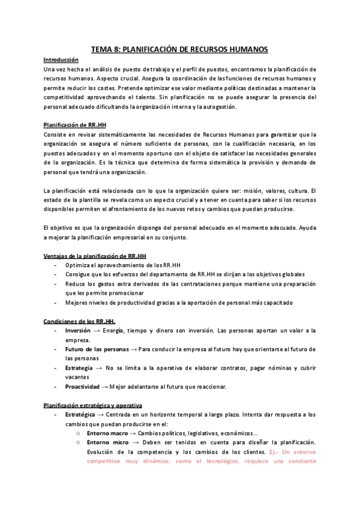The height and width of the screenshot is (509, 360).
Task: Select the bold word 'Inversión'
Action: pos(77,330)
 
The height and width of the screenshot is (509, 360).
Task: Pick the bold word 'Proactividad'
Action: pos(82,387)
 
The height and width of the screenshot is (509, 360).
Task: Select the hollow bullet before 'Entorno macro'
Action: pos(79,433)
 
